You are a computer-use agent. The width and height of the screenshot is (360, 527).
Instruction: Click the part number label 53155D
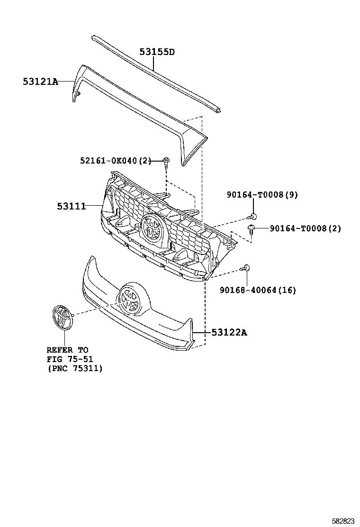pyautogui.click(x=157, y=52)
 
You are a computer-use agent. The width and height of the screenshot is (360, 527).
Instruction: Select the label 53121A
pyautogui.click(x=40, y=82)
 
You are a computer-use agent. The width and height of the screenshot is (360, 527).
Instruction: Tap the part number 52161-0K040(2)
pyautogui.click(x=116, y=161)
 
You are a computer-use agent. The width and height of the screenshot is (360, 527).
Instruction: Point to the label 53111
pyautogui.click(x=71, y=206)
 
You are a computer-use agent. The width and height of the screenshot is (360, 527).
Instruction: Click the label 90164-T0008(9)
pyautogui.click(x=262, y=195)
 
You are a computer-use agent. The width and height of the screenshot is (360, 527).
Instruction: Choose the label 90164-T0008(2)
pyautogui.click(x=305, y=228)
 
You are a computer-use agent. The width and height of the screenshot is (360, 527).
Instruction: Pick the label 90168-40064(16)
pyautogui.click(x=258, y=290)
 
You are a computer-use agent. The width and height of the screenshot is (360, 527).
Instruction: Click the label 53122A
pyautogui.click(x=229, y=332)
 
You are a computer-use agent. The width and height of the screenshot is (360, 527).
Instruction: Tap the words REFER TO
pyautogui.click(x=67, y=350)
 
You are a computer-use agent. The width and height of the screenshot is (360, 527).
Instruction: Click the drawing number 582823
pyautogui.click(x=343, y=521)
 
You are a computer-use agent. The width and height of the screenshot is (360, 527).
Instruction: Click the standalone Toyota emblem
pyautogui.click(x=63, y=317)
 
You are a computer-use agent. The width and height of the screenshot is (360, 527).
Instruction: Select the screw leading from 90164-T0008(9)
pyautogui.click(x=254, y=216)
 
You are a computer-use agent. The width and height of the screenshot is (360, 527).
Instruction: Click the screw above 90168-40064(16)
pyautogui.click(x=246, y=268)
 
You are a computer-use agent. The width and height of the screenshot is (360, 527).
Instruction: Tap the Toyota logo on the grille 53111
pyautogui.click(x=153, y=228)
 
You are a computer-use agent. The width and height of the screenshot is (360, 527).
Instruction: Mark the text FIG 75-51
pyautogui.click(x=70, y=359)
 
